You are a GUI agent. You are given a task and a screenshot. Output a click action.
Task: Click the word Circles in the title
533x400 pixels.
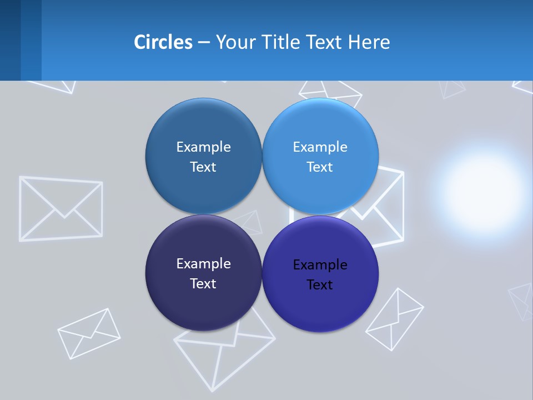coord(163,42)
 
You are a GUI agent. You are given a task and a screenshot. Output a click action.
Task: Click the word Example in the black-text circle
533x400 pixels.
coord(320,264)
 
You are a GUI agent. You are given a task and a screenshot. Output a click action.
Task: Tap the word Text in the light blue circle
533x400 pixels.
coord(320,167)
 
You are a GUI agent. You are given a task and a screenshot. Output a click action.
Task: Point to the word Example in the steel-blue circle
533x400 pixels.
coord(203,147)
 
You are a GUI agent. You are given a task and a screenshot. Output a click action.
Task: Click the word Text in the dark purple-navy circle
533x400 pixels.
coord(203,284)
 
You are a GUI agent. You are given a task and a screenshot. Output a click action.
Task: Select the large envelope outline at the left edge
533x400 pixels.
coord(61,208)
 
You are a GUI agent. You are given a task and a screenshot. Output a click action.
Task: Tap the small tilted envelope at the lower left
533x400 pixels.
coord(89,333)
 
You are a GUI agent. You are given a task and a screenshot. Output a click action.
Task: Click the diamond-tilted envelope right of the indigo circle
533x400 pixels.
coord(394,319)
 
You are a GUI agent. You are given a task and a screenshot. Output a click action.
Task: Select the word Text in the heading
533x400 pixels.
coord(325,42)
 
